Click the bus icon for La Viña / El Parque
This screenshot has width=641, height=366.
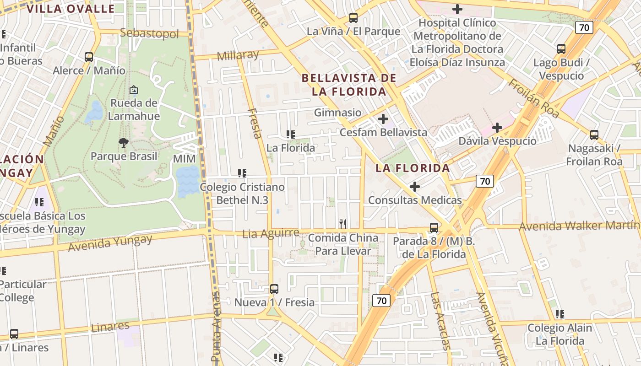[x=353, y=18]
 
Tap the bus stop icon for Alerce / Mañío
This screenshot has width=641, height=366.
[x=89, y=57]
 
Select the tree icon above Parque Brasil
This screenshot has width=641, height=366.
[x=123, y=143]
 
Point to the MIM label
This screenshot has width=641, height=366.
[x=184, y=159]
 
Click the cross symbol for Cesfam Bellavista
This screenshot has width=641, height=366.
[x=383, y=119]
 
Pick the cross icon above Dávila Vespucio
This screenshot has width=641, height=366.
[x=497, y=128]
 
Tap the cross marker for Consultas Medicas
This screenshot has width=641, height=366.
[x=415, y=187]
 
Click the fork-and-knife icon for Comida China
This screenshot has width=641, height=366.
[x=342, y=224]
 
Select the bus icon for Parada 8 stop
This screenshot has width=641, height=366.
[x=434, y=227]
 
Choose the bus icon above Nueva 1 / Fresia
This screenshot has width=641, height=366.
[x=274, y=289]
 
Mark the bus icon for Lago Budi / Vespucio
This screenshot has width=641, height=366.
[x=561, y=49]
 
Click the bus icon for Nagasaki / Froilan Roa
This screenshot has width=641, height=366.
[x=594, y=135]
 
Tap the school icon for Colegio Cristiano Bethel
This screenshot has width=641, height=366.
[x=242, y=173]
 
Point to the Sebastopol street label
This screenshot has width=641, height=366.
[x=149, y=33]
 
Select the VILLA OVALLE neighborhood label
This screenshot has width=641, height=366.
[x=71, y=9]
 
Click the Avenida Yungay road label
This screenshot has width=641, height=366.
[x=110, y=242]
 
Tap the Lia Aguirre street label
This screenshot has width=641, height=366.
[x=271, y=233]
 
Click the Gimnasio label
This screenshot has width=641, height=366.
[x=337, y=113]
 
